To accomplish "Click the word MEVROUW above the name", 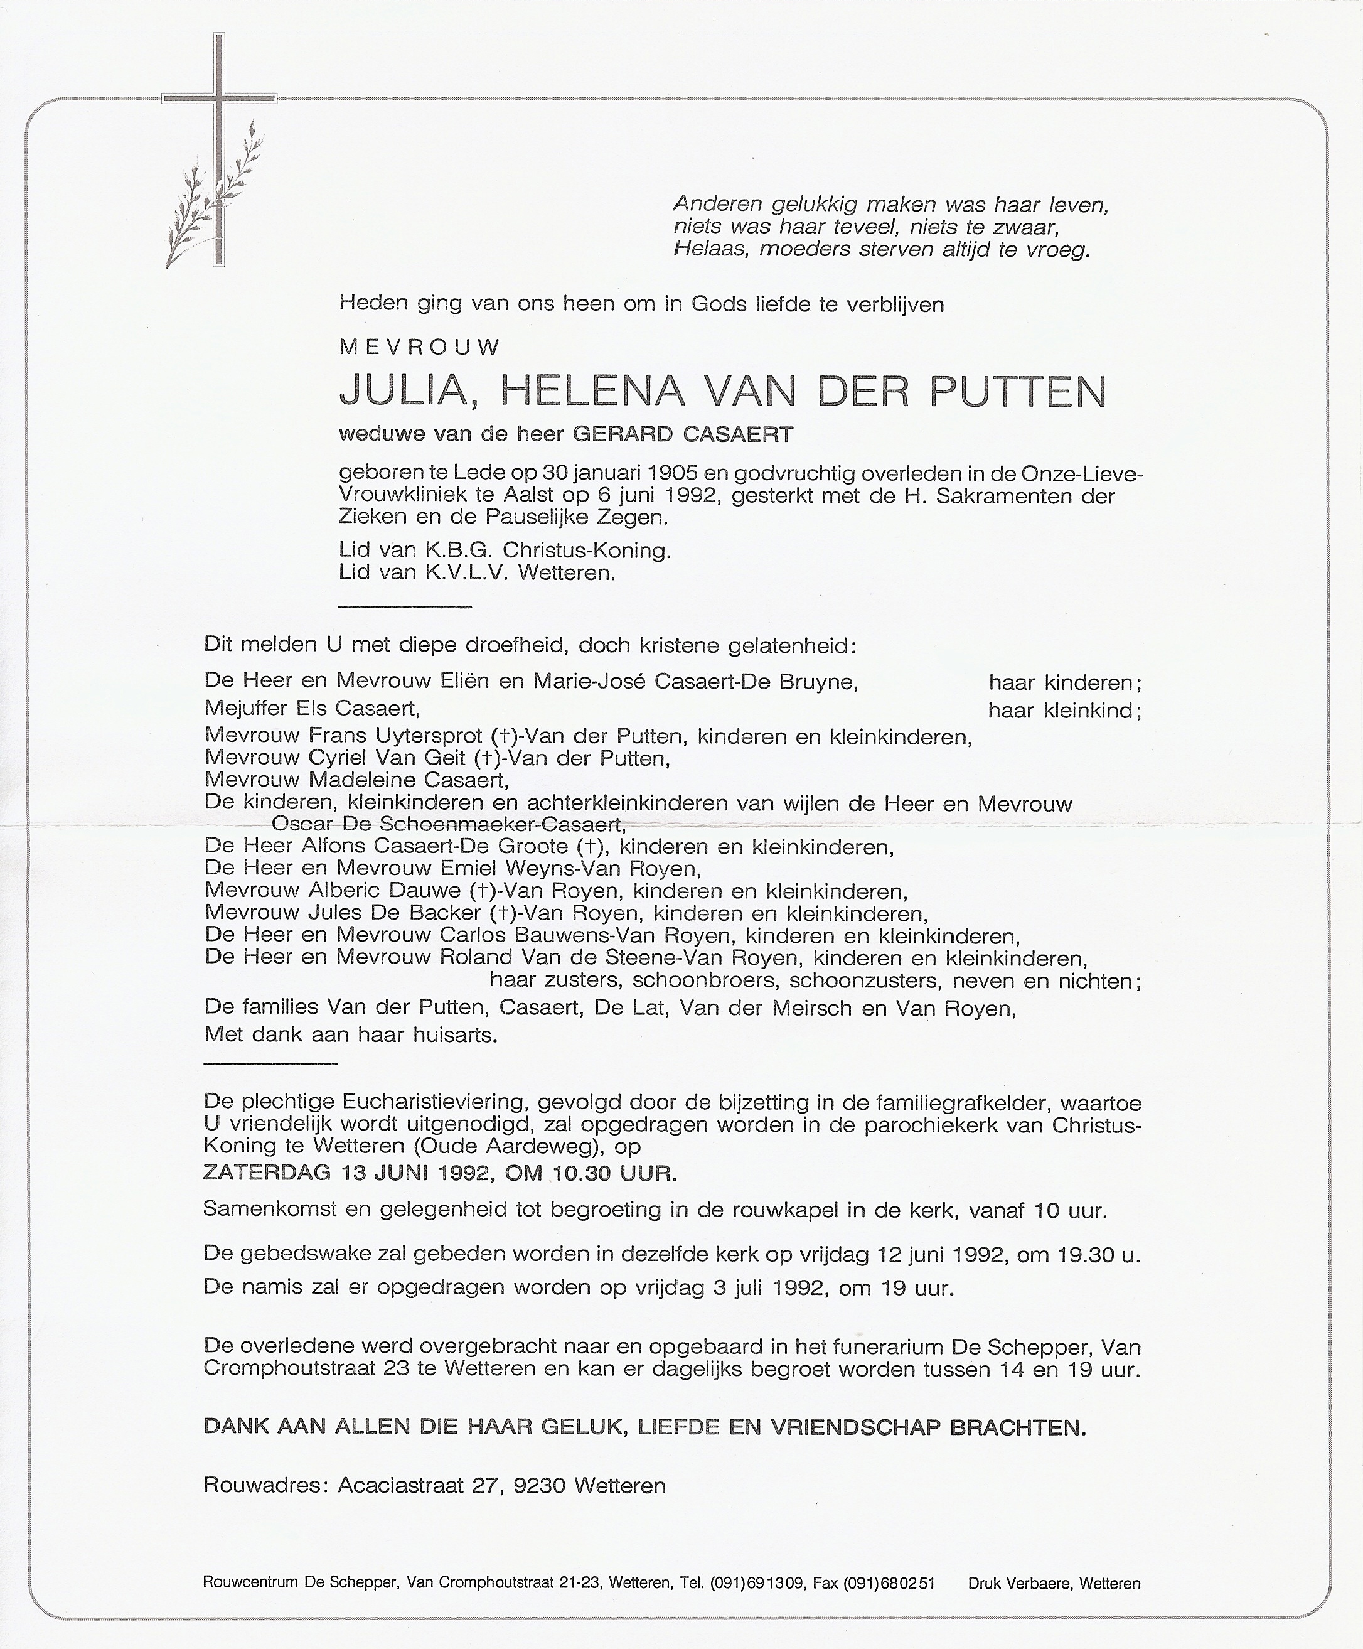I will [x=419, y=347].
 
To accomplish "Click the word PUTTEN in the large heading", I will [x=1018, y=392].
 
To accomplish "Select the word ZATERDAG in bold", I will [x=267, y=1173].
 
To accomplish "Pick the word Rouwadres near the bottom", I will [x=265, y=1486].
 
